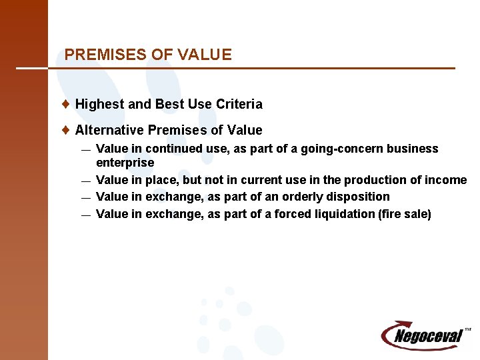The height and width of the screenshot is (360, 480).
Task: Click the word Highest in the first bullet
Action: click(99, 104)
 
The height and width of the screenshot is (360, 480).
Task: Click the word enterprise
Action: click(125, 163)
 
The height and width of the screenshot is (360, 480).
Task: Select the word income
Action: click(448, 180)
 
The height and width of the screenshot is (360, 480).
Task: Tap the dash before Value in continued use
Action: click(86, 149)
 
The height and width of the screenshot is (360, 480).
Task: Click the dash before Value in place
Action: click(86, 181)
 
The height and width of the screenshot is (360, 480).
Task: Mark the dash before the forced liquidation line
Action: click(86, 215)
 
